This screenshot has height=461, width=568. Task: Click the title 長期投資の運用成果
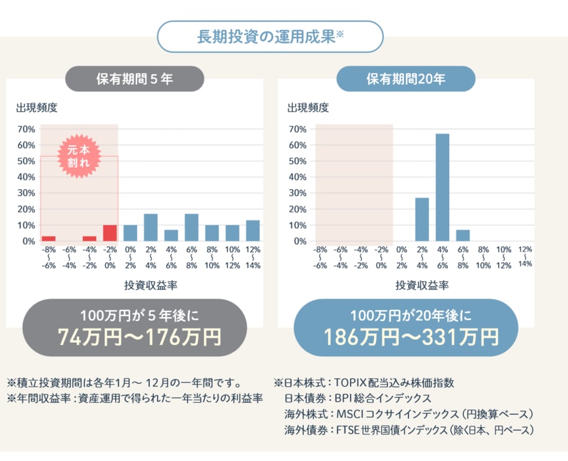point(266,37)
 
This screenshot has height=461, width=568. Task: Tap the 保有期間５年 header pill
point(134,79)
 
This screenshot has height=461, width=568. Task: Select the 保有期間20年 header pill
point(405,79)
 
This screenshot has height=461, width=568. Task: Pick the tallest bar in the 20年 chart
point(443,187)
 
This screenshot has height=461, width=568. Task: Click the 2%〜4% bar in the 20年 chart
point(422,219)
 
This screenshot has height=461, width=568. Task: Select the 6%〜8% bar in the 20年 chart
point(463,235)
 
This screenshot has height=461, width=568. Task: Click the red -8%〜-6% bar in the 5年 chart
point(48,239)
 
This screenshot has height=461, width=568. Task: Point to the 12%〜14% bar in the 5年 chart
point(253,231)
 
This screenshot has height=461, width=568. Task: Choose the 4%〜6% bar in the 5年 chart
point(171,235)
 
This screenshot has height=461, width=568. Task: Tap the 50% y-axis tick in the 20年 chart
point(297,161)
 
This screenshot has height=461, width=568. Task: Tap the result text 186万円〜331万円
point(411,337)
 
